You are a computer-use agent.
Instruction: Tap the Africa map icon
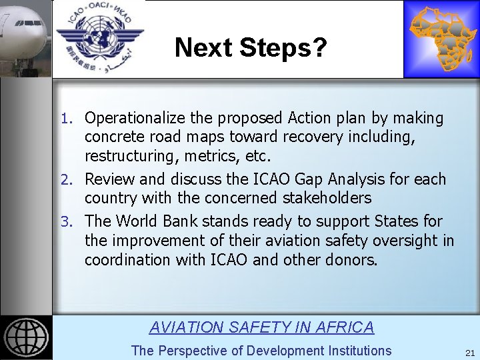click(x=440, y=39)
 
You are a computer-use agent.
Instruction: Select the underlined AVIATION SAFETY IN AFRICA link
click(x=261, y=327)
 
